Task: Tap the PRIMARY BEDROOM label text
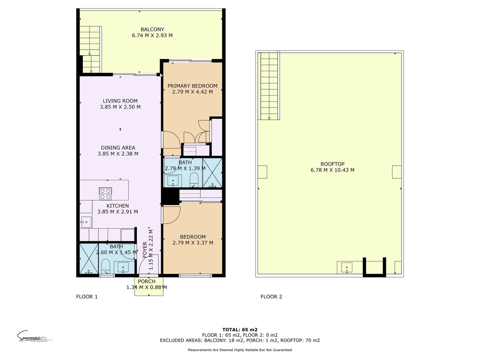[x=192, y=86]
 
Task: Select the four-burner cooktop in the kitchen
[x=105, y=194]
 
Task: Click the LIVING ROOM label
[x=120, y=101]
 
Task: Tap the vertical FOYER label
[x=145, y=249]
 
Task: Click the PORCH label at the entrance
[x=146, y=281]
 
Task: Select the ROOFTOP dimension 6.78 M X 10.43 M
[x=332, y=170]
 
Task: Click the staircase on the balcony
[x=90, y=48]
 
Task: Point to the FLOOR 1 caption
[x=87, y=297]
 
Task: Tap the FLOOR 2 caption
[x=271, y=297]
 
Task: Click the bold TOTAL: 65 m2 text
[x=240, y=330]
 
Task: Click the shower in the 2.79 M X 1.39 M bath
[x=212, y=172]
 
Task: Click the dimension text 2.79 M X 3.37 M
[x=192, y=243]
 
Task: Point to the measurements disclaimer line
[x=240, y=350]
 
